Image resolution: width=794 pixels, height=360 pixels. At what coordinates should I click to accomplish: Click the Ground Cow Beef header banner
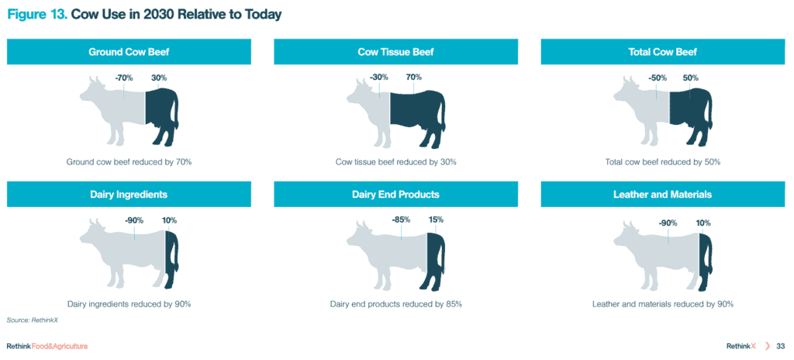click(x=129, y=52)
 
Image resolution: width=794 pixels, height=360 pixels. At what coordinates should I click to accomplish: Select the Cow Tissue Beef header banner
click(x=395, y=52)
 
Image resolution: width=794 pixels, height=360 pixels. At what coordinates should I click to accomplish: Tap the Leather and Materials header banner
click(x=663, y=194)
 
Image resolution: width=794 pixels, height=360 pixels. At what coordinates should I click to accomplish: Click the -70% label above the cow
click(x=123, y=78)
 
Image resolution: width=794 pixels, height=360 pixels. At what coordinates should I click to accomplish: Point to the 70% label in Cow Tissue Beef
click(x=414, y=78)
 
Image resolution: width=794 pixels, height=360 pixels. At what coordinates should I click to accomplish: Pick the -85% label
click(x=401, y=220)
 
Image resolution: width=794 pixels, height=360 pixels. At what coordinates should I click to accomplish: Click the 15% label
click(x=436, y=220)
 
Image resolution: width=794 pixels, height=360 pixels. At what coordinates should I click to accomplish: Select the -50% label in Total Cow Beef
click(x=658, y=78)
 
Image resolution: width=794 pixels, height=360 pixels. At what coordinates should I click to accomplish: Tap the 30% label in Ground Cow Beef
click(x=158, y=78)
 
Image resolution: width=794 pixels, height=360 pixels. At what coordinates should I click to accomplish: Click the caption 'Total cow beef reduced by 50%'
click(x=663, y=162)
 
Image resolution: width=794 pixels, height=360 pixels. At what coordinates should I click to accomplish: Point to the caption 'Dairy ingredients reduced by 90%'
click(x=129, y=304)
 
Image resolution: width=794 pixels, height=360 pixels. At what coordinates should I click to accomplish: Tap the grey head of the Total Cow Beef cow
click(x=627, y=92)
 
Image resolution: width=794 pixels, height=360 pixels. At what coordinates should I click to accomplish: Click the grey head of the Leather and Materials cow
click(x=627, y=234)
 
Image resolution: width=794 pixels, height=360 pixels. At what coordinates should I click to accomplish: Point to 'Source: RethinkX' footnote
click(x=29, y=320)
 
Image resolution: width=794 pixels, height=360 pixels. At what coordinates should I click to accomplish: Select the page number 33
click(x=780, y=346)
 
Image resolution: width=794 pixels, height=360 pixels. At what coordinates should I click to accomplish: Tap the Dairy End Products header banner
click(x=395, y=194)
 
